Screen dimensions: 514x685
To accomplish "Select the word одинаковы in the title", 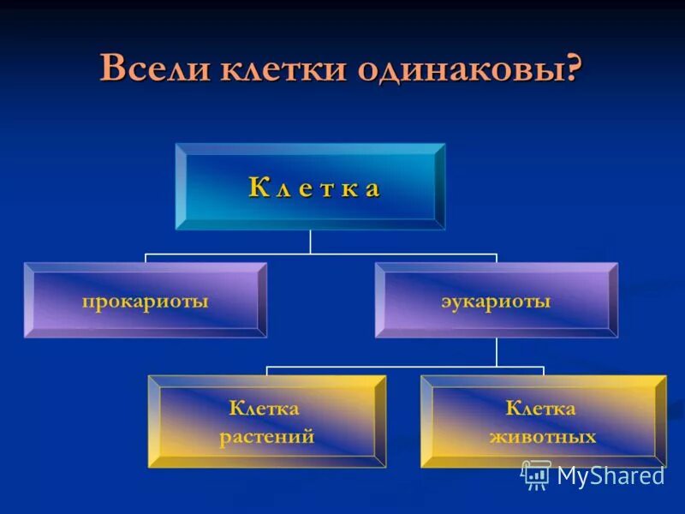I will [451, 69].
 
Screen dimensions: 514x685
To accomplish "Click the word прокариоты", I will [145, 302].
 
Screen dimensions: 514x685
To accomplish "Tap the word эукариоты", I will [496, 302].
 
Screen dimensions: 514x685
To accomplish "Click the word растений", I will [266, 437].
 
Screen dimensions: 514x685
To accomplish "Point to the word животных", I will [543, 437].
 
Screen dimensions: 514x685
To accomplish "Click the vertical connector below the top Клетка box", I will [310, 242].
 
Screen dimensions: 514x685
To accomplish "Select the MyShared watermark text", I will [611, 475].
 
